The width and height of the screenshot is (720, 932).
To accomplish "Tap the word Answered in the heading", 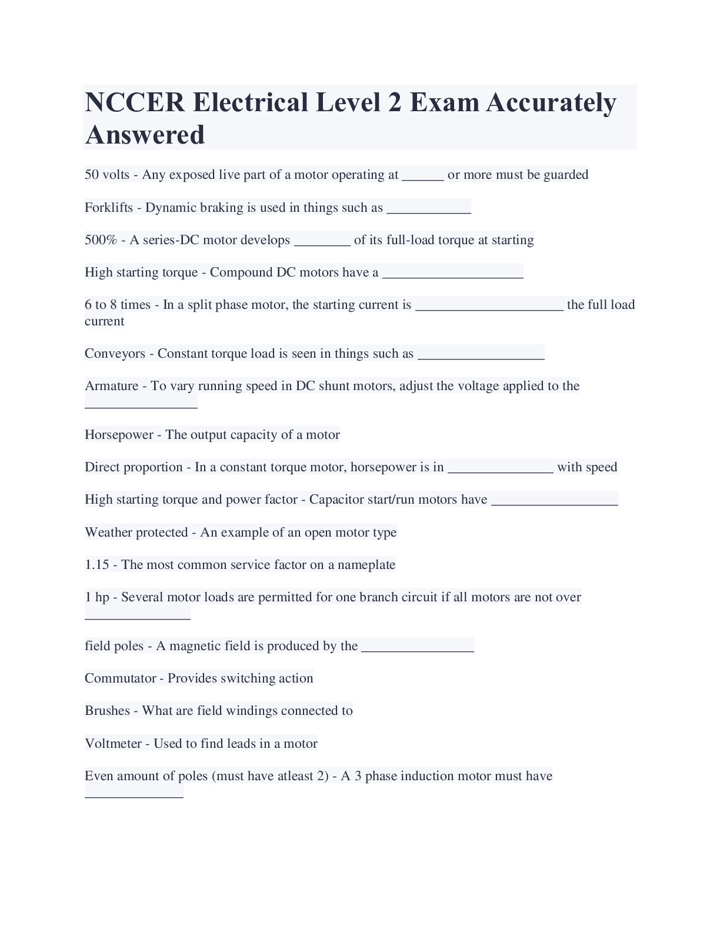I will tap(145, 135).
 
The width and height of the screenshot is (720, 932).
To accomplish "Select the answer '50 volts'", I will tap(107, 175).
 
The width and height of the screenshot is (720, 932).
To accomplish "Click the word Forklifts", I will tap(109, 208).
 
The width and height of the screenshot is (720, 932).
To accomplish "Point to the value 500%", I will tap(101, 240).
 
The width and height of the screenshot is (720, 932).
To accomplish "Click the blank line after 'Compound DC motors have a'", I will tap(452, 274).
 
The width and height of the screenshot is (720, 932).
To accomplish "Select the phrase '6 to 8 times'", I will tap(118, 305).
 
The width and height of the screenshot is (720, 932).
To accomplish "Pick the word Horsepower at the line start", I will tap(119, 435).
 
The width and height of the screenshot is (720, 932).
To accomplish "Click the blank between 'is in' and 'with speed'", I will tap(500, 468).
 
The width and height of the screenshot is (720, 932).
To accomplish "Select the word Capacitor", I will tap(336, 500).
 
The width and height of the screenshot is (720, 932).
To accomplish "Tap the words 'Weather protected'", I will tap(136, 532).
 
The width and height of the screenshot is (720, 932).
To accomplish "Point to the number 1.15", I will tap(97, 565).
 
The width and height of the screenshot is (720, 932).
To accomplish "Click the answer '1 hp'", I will tap(97, 597).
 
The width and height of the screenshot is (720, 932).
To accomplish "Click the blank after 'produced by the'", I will tap(418, 647).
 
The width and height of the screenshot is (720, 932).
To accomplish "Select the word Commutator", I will tap(119, 678).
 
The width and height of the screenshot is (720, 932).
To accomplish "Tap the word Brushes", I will tap(107, 711).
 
